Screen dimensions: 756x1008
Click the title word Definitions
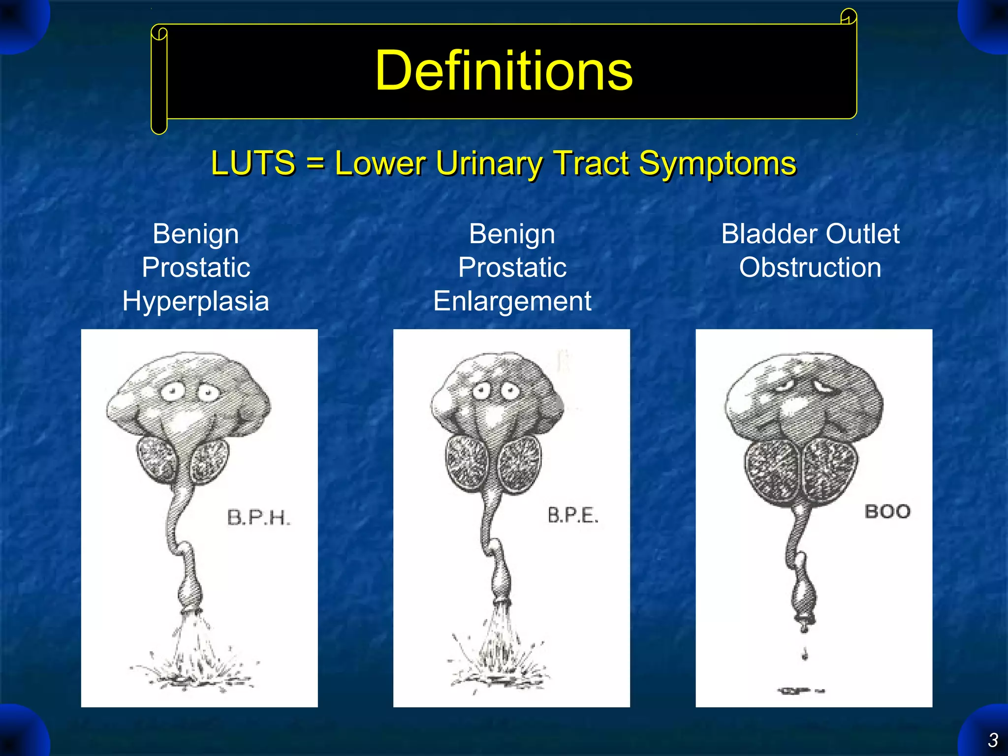[504, 71]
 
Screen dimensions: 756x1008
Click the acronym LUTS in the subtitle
[252, 163]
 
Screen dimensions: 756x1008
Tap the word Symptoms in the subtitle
[717, 163]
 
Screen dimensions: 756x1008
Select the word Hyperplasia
[195, 301]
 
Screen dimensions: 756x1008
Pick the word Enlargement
[512, 301]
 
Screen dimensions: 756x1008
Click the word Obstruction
[810, 267]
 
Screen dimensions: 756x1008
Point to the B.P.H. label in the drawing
[259, 518]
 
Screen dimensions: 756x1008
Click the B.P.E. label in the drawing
[573, 515]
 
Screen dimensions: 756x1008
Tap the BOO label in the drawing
[887, 512]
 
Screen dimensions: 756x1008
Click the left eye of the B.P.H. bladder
[172, 392]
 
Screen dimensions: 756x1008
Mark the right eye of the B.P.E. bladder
[510, 392]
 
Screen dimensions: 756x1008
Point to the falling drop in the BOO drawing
[805, 655]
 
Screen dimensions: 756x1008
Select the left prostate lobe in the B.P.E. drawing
[467, 463]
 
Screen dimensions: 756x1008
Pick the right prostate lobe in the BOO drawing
[830, 470]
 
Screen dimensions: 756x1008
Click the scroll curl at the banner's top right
[849, 17]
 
